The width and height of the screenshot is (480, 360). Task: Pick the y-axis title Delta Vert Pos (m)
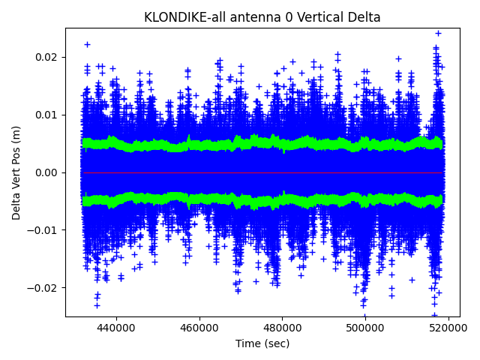point(16,172)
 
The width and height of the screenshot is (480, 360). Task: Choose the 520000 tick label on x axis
point(448,328)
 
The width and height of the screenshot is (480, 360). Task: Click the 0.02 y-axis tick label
point(47,57)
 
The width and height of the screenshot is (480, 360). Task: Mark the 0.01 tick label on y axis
point(47,115)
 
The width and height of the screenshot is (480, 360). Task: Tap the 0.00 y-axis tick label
point(47,172)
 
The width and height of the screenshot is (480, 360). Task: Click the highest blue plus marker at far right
point(438,33)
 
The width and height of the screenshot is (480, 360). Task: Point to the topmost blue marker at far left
point(87,45)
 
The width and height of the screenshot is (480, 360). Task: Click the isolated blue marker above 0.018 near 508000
point(398,58)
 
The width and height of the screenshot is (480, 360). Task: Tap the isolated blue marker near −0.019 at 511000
point(412,280)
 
